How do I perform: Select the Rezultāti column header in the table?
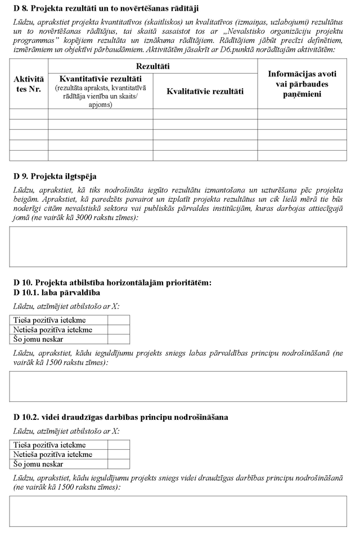click(x=152, y=66)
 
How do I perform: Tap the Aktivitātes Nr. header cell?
click(x=29, y=84)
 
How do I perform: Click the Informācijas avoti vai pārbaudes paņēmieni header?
click(x=302, y=84)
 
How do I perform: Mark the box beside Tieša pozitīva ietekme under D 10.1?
click(x=118, y=320)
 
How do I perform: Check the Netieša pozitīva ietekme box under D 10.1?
click(x=118, y=329)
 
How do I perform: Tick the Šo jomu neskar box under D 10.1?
click(x=118, y=339)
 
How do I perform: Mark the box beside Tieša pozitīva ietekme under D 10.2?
click(x=118, y=445)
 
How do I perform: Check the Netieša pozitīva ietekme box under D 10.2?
click(x=118, y=454)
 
